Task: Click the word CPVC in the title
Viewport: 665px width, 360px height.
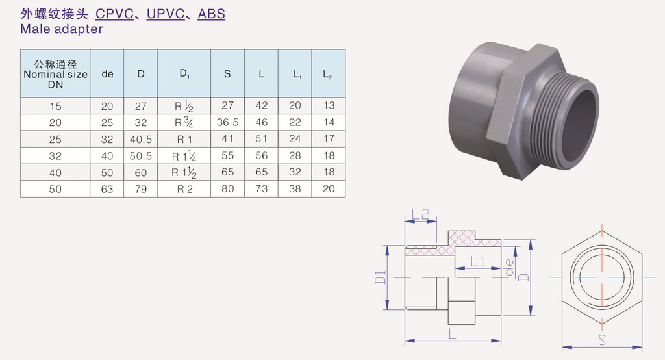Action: pyautogui.click(x=114, y=14)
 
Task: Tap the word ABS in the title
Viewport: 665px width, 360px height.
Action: pyautogui.click(x=211, y=14)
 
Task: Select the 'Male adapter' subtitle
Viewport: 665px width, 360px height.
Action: pyautogui.click(x=62, y=29)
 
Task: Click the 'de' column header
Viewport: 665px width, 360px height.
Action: pyautogui.click(x=107, y=74)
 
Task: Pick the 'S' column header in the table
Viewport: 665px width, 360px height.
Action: pyautogui.click(x=227, y=74)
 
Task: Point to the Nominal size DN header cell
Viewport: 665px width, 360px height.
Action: pyautogui.click(x=55, y=74)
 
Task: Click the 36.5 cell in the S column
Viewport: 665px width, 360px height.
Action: pyautogui.click(x=228, y=122)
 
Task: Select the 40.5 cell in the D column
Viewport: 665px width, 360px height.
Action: pyautogui.click(x=141, y=139)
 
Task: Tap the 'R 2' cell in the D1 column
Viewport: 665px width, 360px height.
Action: pyautogui.click(x=184, y=189)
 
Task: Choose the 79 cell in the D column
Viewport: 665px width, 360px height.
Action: pyautogui.click(x=141, y=189)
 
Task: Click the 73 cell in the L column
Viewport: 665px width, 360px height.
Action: pyautogui.click(x=261, y=189)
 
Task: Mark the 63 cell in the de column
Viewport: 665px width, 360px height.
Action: pyautogui.click(x=107, y=189)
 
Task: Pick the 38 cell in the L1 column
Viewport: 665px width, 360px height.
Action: pyautogui.click(x=295, y=189)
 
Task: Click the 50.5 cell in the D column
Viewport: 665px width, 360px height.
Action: pyautogui.click(x=141, y=156)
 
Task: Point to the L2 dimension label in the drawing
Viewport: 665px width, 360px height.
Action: pyautogui.click(x=421, y=214)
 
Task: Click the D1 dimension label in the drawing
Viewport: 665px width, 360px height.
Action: pyautogui.click(x=381, y=277)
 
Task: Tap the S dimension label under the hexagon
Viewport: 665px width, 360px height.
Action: pyautogui.click(x=602, y=340)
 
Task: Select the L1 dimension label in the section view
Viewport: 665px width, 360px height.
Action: pyautogui.click(x=478, y=261)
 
